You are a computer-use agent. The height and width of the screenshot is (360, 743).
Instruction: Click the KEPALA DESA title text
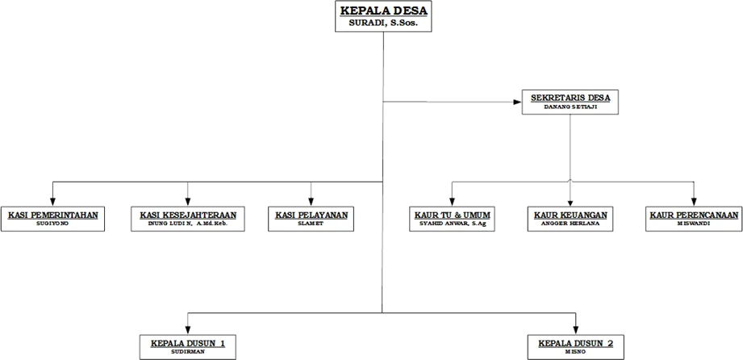click(x=383, y=10)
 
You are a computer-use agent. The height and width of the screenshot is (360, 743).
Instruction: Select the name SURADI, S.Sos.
click(x=383, y=23)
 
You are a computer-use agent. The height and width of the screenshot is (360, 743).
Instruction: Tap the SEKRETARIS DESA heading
click(x=570, y=98)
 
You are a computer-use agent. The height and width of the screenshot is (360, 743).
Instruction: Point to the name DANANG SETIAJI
click(x=570, y=107)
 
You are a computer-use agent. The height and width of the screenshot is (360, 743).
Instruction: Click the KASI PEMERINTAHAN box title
click(x=53, y=215)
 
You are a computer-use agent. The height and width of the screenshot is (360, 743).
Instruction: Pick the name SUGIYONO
click(x=53, y=224)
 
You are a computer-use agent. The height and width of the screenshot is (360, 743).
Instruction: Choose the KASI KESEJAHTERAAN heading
click(x=188, y=215)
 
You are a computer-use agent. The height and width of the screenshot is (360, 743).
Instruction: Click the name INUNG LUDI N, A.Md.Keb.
click(x=188, y=224)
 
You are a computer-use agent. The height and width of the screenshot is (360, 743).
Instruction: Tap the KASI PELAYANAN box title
click(x=311, y=215)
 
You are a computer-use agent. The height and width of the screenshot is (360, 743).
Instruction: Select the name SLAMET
click(x=311, y=224)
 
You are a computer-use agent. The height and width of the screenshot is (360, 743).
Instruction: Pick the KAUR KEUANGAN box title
click(x=570, y=215)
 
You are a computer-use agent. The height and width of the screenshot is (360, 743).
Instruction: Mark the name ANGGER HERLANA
click(x=570, y=224)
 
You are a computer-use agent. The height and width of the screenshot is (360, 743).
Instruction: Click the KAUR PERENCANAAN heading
click(x=693, y=215)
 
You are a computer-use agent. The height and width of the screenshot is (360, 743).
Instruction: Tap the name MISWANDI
click(x=693, y=224)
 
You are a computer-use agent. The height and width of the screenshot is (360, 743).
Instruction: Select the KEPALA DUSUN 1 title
click(x=187, y=343)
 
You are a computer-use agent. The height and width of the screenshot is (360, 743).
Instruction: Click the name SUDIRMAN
click(x=187, y=352)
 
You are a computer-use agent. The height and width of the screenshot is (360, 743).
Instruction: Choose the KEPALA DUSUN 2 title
click(x=575, y=343)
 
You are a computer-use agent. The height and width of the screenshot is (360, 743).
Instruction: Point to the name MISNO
click(x=575, y=352)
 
